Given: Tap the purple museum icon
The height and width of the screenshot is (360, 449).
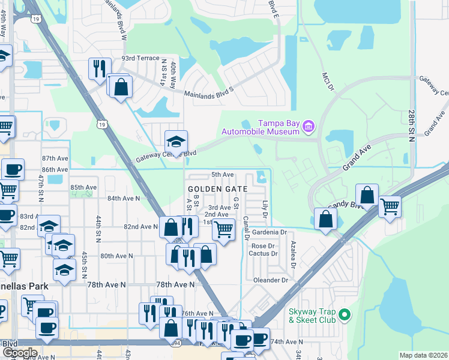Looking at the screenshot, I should point(309,125).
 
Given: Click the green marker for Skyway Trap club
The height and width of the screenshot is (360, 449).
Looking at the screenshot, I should point(344,314).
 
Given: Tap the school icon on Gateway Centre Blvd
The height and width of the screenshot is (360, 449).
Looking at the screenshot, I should point(176,142).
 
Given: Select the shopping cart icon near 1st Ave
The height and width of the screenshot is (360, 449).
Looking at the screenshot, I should point(223,229).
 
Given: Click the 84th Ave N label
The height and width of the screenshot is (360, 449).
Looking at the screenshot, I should point(123,198).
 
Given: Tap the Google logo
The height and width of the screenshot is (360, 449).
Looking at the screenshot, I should point(20,353).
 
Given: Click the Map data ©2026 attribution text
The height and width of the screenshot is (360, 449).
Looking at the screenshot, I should point(423,355).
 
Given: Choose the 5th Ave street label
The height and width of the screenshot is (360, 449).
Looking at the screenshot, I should point(222,175).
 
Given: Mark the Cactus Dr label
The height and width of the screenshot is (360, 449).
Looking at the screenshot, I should point(265,254).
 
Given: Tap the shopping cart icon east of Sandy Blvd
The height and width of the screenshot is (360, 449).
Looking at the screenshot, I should point(390,208).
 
